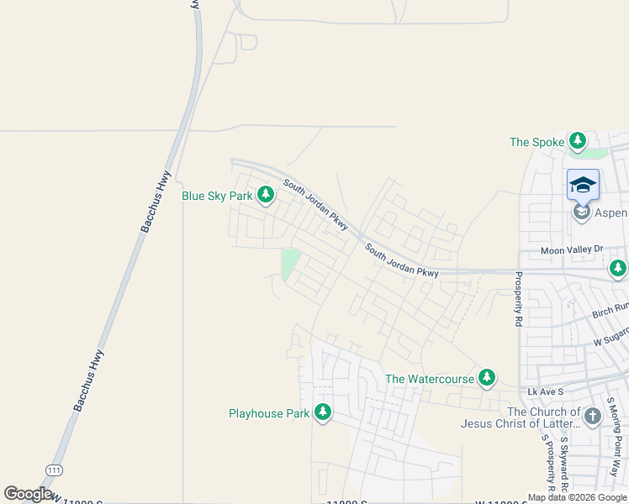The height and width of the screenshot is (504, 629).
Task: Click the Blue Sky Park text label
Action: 218,196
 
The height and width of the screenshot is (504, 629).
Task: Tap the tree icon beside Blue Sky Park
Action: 266,196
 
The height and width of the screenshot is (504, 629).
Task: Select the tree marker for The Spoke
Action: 578,141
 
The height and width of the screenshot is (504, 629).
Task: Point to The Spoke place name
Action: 536,142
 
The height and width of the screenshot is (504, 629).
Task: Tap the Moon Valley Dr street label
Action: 572,249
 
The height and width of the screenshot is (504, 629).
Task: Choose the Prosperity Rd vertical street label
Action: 519,299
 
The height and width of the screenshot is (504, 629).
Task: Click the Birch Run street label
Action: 610,311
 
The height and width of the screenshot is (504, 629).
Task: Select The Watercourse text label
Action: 430,379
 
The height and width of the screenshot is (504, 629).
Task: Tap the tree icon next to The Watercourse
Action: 487,379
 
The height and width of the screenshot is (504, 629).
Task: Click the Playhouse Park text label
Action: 269,413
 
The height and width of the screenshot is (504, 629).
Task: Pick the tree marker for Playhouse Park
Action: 323,412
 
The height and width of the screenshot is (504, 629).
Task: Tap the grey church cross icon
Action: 593,416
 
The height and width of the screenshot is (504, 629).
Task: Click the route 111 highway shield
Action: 55,469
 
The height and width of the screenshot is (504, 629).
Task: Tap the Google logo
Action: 28,494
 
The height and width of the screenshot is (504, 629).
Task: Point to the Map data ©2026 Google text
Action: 578,497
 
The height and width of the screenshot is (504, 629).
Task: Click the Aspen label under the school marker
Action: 611,213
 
